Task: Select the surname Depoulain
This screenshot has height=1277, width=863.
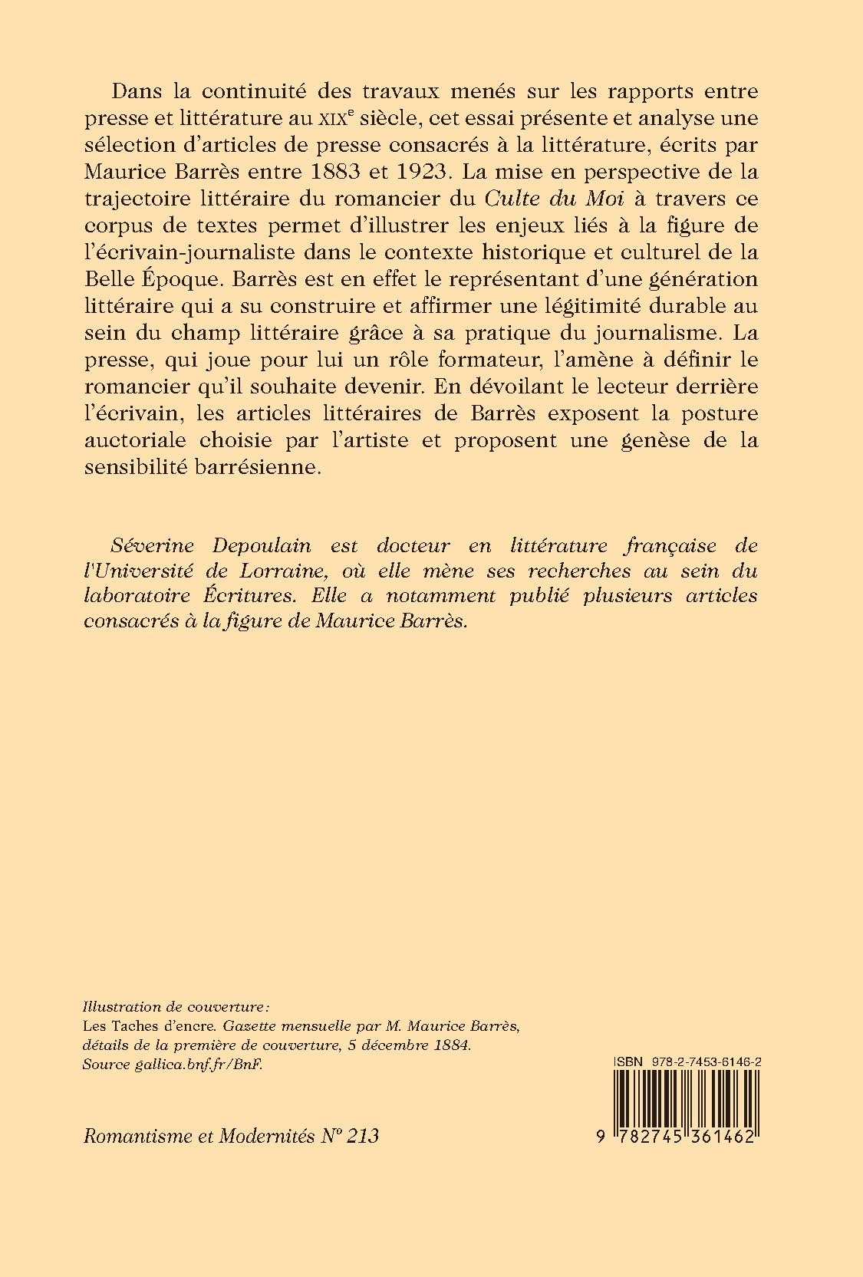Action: tap(262, 545)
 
